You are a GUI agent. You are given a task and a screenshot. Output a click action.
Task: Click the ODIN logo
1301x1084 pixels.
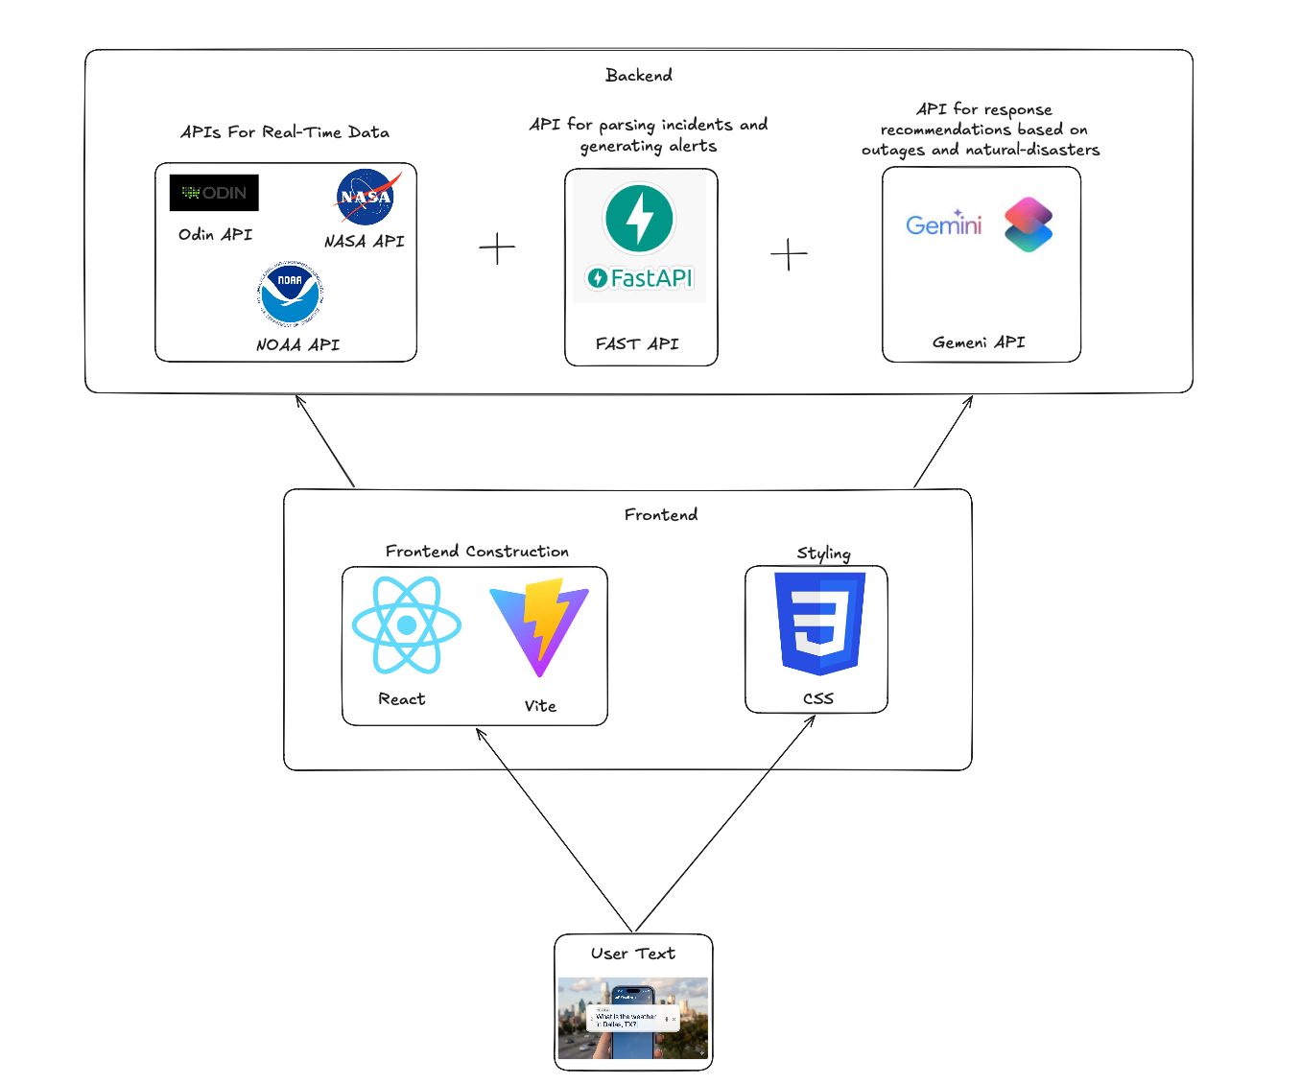coord(214,193)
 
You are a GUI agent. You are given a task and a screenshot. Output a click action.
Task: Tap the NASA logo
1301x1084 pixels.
coord(367,197)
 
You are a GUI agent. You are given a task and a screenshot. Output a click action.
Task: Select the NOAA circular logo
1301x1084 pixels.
coord(290,293)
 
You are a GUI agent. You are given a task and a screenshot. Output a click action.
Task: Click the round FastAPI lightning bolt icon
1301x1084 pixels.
coord(639,219)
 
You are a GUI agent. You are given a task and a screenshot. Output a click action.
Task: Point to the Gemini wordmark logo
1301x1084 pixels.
coord(944,224)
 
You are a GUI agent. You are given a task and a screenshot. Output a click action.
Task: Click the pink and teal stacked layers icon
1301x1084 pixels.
coord(1029,224)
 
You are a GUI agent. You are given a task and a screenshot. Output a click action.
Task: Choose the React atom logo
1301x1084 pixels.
coord(406,625)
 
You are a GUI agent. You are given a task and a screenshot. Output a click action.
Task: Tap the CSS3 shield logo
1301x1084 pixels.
coord(819,624)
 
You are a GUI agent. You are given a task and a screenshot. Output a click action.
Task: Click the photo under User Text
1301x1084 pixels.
coord(633,1018)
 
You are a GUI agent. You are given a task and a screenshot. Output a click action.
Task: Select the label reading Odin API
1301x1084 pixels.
coord(215,235)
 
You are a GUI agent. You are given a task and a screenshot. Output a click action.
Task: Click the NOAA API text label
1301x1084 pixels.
coord(297,344)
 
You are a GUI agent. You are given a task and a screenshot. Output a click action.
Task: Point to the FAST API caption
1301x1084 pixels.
coord(637,343)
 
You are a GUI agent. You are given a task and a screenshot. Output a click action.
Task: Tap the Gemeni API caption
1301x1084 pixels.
coord(979,342)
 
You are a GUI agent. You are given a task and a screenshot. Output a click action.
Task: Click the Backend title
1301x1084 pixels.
coord(639,75)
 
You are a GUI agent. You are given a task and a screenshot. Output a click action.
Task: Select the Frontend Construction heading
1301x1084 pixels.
coord(477,552)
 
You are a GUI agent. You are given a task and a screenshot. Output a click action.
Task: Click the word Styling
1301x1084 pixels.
coord(823,554)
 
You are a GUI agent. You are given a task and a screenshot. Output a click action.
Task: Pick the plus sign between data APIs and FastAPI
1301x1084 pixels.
coord(497,248)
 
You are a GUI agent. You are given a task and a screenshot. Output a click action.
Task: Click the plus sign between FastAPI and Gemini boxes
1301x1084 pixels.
coord(789,254)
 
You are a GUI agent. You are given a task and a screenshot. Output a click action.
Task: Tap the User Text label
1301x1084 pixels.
coord(633,954)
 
